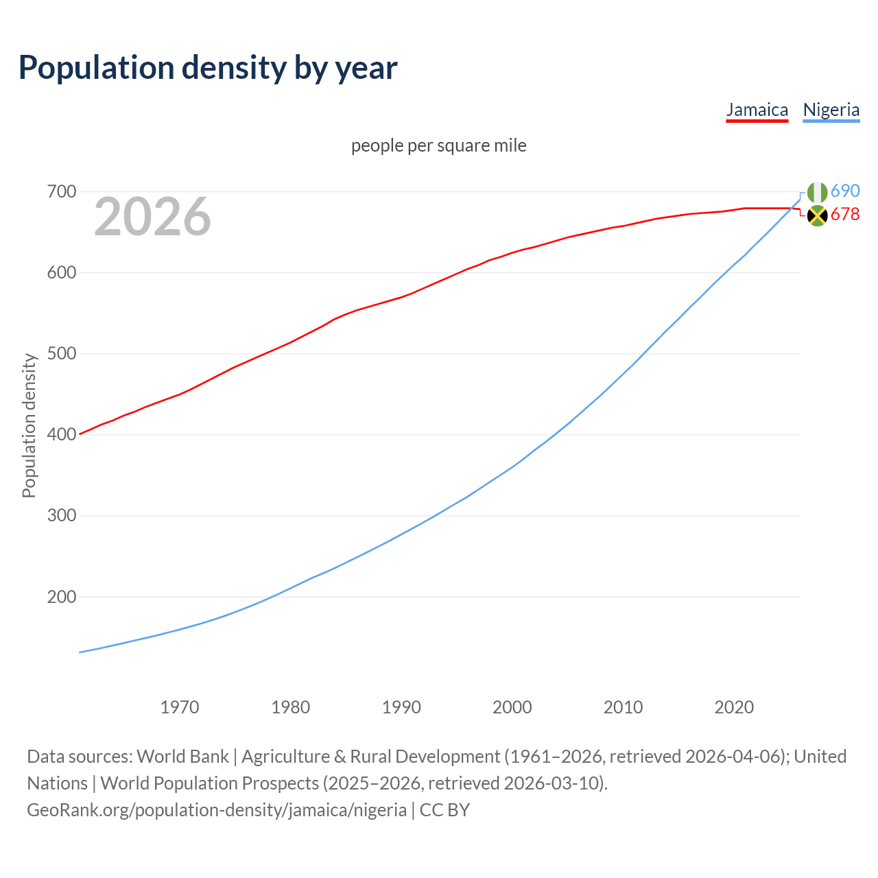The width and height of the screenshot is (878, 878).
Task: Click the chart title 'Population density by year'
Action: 208,67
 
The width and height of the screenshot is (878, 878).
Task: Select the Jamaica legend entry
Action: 757,110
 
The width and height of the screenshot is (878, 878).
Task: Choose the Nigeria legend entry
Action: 831,110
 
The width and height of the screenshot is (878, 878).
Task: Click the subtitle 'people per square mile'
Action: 438,145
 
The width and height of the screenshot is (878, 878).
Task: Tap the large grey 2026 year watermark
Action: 152,217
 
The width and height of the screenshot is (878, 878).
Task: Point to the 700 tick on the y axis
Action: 61,192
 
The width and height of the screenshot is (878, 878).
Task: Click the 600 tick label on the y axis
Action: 61,273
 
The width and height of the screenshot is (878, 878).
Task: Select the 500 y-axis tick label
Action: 61,354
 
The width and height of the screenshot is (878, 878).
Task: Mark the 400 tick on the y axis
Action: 61,435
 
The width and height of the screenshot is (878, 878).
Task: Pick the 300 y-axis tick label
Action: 61,516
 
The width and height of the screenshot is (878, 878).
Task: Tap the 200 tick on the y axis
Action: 61,597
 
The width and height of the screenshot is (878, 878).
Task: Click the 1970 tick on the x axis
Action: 180,707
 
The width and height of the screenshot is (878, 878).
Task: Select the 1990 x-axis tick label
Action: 401,707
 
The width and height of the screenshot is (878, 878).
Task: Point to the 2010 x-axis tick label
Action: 623,707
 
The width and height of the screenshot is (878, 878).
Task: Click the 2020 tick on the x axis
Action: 734,707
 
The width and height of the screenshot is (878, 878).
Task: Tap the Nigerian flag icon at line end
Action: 817,193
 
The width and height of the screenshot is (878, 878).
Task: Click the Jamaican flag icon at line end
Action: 817,215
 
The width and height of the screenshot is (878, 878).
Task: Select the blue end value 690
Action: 845,191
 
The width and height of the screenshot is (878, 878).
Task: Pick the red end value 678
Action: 845,215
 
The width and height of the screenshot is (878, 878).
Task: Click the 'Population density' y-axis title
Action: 29,425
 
